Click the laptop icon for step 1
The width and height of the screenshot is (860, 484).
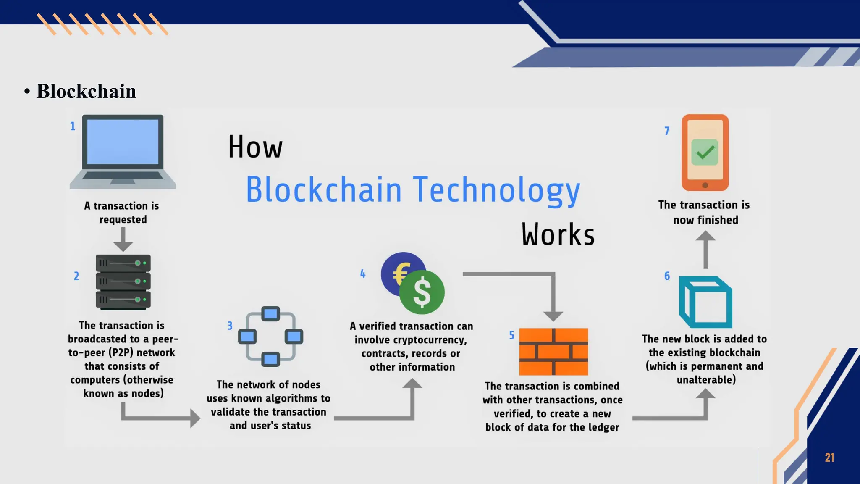(123, 151)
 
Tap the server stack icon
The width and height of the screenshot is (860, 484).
(123, 282)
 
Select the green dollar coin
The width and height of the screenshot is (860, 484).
(422, 292)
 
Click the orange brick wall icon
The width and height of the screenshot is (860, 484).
(553, 352)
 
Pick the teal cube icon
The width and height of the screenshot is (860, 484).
(705, 302)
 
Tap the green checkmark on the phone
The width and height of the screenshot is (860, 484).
(705, 152)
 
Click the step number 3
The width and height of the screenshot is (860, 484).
(230, 326)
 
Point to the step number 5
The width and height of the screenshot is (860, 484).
(511, 335)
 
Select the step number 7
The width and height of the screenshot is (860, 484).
(667, 131)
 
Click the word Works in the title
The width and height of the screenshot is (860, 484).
(558, 234)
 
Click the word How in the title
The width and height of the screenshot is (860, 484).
(255, 147)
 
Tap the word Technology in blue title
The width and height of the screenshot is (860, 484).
(496, 190)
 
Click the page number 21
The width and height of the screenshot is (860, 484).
(829, 458)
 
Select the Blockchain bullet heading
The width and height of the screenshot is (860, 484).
(86, 91)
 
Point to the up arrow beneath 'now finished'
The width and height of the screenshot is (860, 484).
(705, 250)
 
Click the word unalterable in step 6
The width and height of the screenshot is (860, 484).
(706, 380)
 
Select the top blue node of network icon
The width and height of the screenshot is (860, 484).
(270, 313)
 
